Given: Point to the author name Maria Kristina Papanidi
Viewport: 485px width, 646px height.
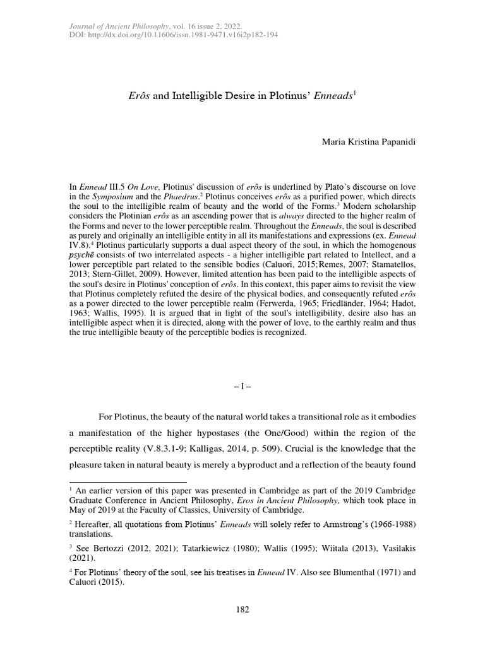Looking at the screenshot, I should click(369, 144).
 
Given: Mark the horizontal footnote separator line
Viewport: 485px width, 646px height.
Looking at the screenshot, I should click(123, 481).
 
